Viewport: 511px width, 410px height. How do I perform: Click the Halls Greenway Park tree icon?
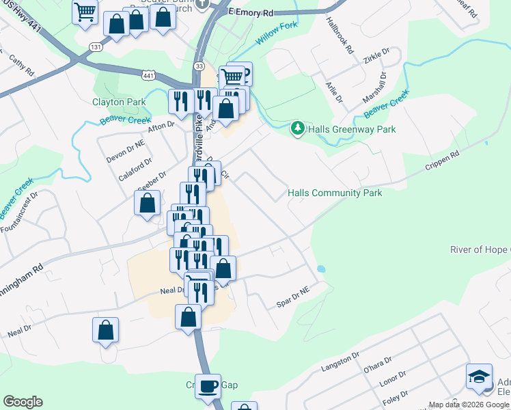tap(297, 128)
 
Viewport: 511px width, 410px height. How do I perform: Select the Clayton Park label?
tap(119, 102)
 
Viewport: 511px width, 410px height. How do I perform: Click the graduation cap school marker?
tap(479, 377)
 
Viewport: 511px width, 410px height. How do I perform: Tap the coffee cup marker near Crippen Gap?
tap(208, 386)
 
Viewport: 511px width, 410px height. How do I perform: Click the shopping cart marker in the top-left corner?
tap(85, 11)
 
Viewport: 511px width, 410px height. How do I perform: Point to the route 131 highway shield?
tap(96, 46)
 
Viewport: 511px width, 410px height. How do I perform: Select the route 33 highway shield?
tap(199, 66)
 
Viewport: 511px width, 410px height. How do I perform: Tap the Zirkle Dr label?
tap(376, 55)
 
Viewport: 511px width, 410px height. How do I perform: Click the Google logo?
tap(23, 402)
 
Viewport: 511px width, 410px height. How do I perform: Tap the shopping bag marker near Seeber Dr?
tap(147, 203)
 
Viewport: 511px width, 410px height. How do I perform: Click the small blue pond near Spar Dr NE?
tap(321, 269)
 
